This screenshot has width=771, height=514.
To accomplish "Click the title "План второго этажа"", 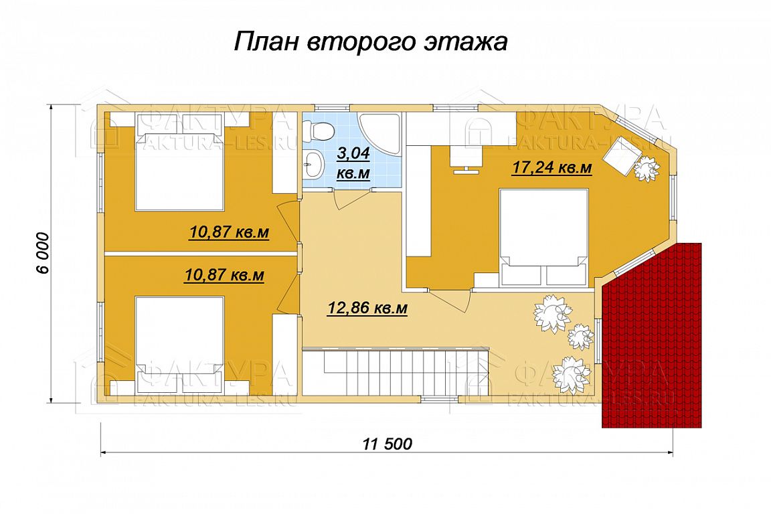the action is click(369, 41).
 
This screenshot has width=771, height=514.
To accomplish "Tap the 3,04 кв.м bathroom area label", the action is click(353, 163).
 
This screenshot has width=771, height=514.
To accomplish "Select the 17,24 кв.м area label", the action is click(551, 168).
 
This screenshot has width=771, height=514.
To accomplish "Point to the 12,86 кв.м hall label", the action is click(367, 309).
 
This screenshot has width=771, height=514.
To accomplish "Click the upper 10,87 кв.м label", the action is click(229, 232).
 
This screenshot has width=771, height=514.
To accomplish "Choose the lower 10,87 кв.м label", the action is click(224, 275).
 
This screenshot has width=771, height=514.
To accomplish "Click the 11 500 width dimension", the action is click(388, 444).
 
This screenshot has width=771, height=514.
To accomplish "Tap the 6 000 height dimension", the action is click(44, 253).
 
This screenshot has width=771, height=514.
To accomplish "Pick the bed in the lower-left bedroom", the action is click(179, 345).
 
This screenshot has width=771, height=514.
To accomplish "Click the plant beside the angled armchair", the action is click(646, 168).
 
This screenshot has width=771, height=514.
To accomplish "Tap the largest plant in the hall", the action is click(553, 313).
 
